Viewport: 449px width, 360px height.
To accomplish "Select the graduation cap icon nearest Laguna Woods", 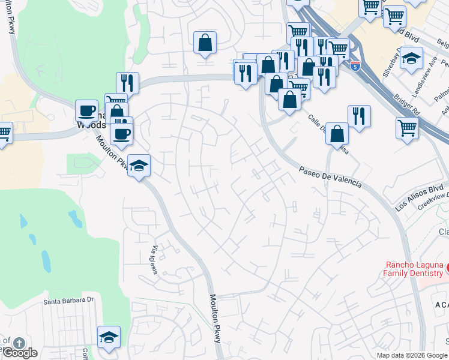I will click(138, 166).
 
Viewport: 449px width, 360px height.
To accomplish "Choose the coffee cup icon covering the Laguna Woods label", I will click(86, 110).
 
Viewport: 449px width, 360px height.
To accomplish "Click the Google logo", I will click(19, 353).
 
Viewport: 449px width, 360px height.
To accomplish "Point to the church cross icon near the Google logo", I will click(19, 343).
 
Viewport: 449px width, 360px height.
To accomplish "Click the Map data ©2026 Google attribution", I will click(412, 355).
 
